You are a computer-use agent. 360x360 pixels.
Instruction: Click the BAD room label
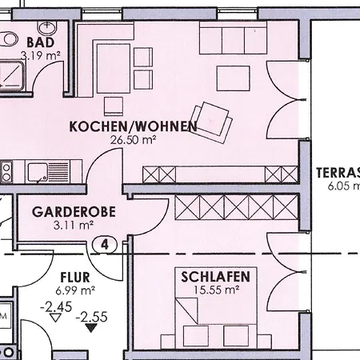point(41,42)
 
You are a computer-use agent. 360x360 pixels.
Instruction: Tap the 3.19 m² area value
point(41,56)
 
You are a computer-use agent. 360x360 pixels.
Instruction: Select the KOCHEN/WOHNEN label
point(134,126)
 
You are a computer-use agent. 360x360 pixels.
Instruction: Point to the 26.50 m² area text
point(134,140)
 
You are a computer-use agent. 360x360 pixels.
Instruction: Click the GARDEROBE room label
point(74,212)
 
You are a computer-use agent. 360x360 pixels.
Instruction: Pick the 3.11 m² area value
point(74,226)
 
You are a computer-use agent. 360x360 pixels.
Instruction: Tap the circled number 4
point(105,245)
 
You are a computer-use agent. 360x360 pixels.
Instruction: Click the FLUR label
point(75,278)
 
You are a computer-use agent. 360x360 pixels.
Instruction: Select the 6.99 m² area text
point(75,290)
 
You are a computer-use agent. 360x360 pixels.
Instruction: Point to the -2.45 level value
point(56,307)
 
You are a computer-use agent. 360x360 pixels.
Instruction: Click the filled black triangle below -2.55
point(91,328)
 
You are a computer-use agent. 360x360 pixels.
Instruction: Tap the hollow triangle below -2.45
point(55,318)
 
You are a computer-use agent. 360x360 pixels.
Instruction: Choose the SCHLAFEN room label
point(216,277)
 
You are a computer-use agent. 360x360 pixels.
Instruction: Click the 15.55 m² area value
point(216,290)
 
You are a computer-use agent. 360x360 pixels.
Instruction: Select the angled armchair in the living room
point(212,122)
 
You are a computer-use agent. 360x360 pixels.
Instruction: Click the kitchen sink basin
point(37,172)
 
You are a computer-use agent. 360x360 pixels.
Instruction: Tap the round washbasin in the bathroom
point(48,27)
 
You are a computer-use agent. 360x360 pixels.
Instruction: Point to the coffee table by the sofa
point(234,78)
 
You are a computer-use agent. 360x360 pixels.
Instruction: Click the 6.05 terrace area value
point(344,186)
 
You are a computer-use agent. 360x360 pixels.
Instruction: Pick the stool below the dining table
point(114,106)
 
